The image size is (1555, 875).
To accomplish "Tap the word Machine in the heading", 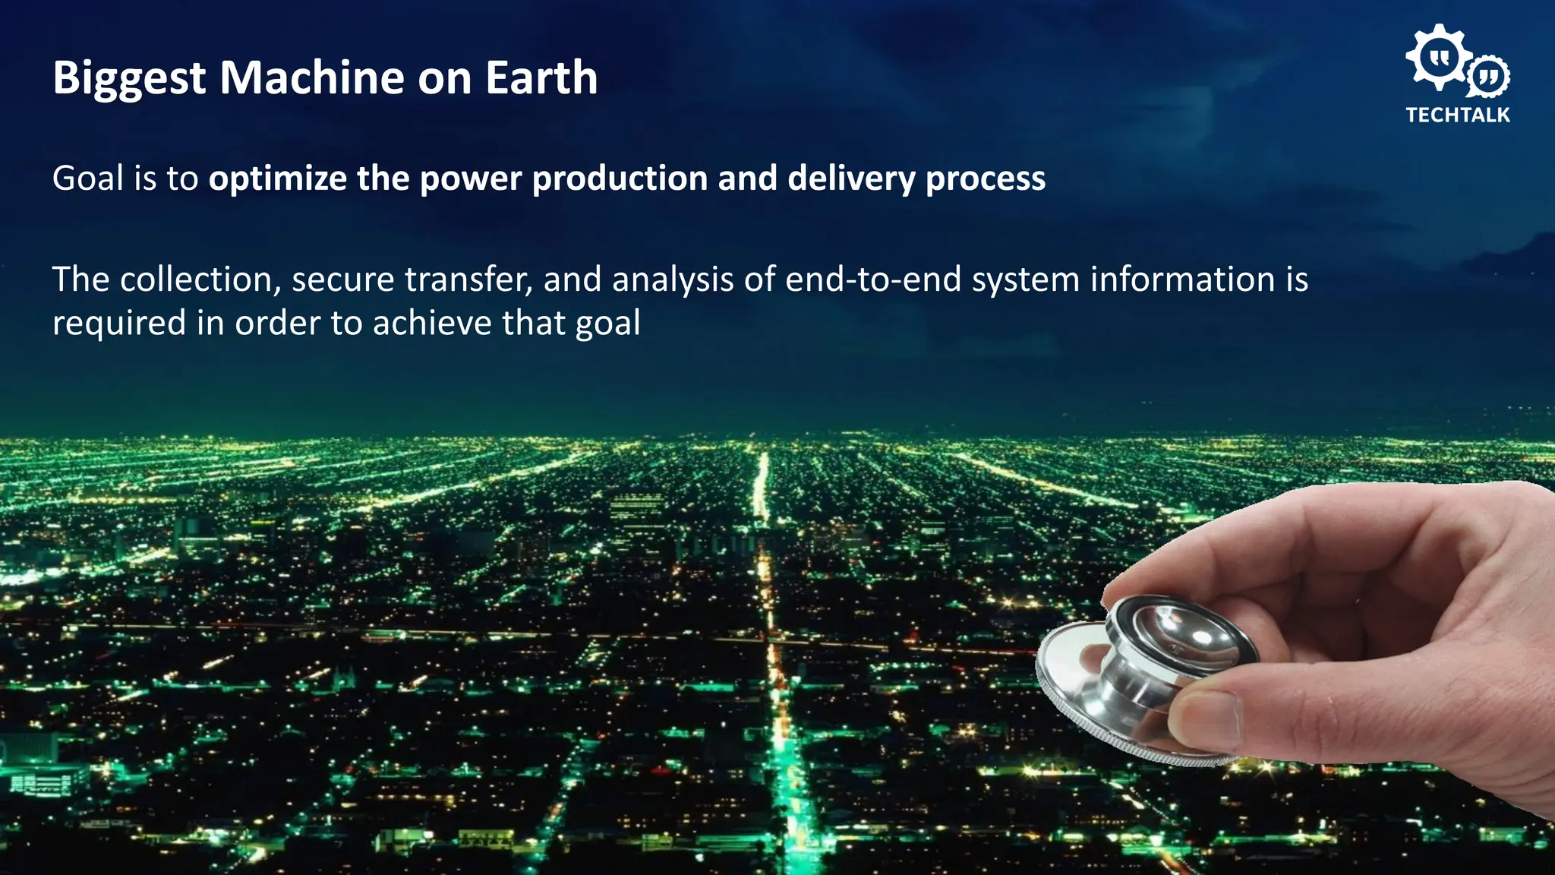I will click(311, 77).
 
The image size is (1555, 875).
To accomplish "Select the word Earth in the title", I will click(541, 77).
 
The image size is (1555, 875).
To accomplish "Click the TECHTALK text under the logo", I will click(1457, 115).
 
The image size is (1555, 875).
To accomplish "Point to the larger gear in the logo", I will click(1437, 57).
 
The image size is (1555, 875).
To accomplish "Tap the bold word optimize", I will click(278, 179).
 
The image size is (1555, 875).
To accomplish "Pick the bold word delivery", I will click(851, 179).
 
